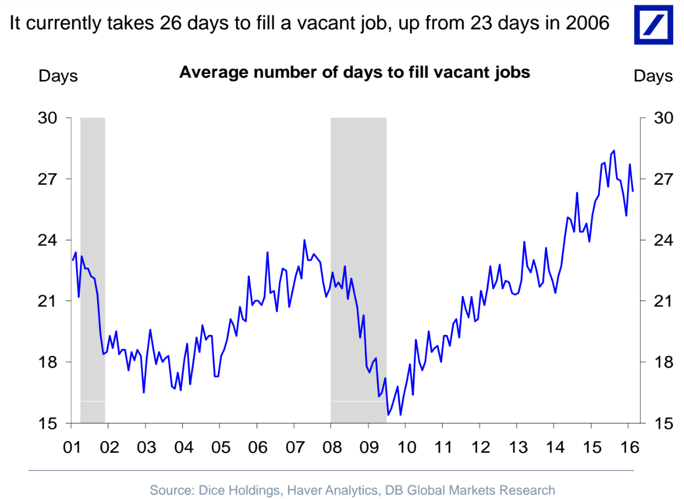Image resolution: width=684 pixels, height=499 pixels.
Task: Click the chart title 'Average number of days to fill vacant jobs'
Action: [354, 72]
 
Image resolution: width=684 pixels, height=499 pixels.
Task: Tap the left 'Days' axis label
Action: [58, 76]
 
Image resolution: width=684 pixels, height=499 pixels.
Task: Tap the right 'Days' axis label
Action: [653, 76]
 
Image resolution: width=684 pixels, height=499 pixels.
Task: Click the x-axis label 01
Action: [71, 446]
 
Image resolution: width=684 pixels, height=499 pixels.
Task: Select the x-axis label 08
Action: [331, 446]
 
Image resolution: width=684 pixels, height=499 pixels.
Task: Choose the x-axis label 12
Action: [480, 446]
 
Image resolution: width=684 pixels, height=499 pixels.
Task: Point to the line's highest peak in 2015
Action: [613, 151]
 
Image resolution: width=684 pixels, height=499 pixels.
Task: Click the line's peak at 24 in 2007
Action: [304, 240]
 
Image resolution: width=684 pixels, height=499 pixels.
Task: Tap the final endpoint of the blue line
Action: [633, 191]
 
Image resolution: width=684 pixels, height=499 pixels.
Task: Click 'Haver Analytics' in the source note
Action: [329, 490]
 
